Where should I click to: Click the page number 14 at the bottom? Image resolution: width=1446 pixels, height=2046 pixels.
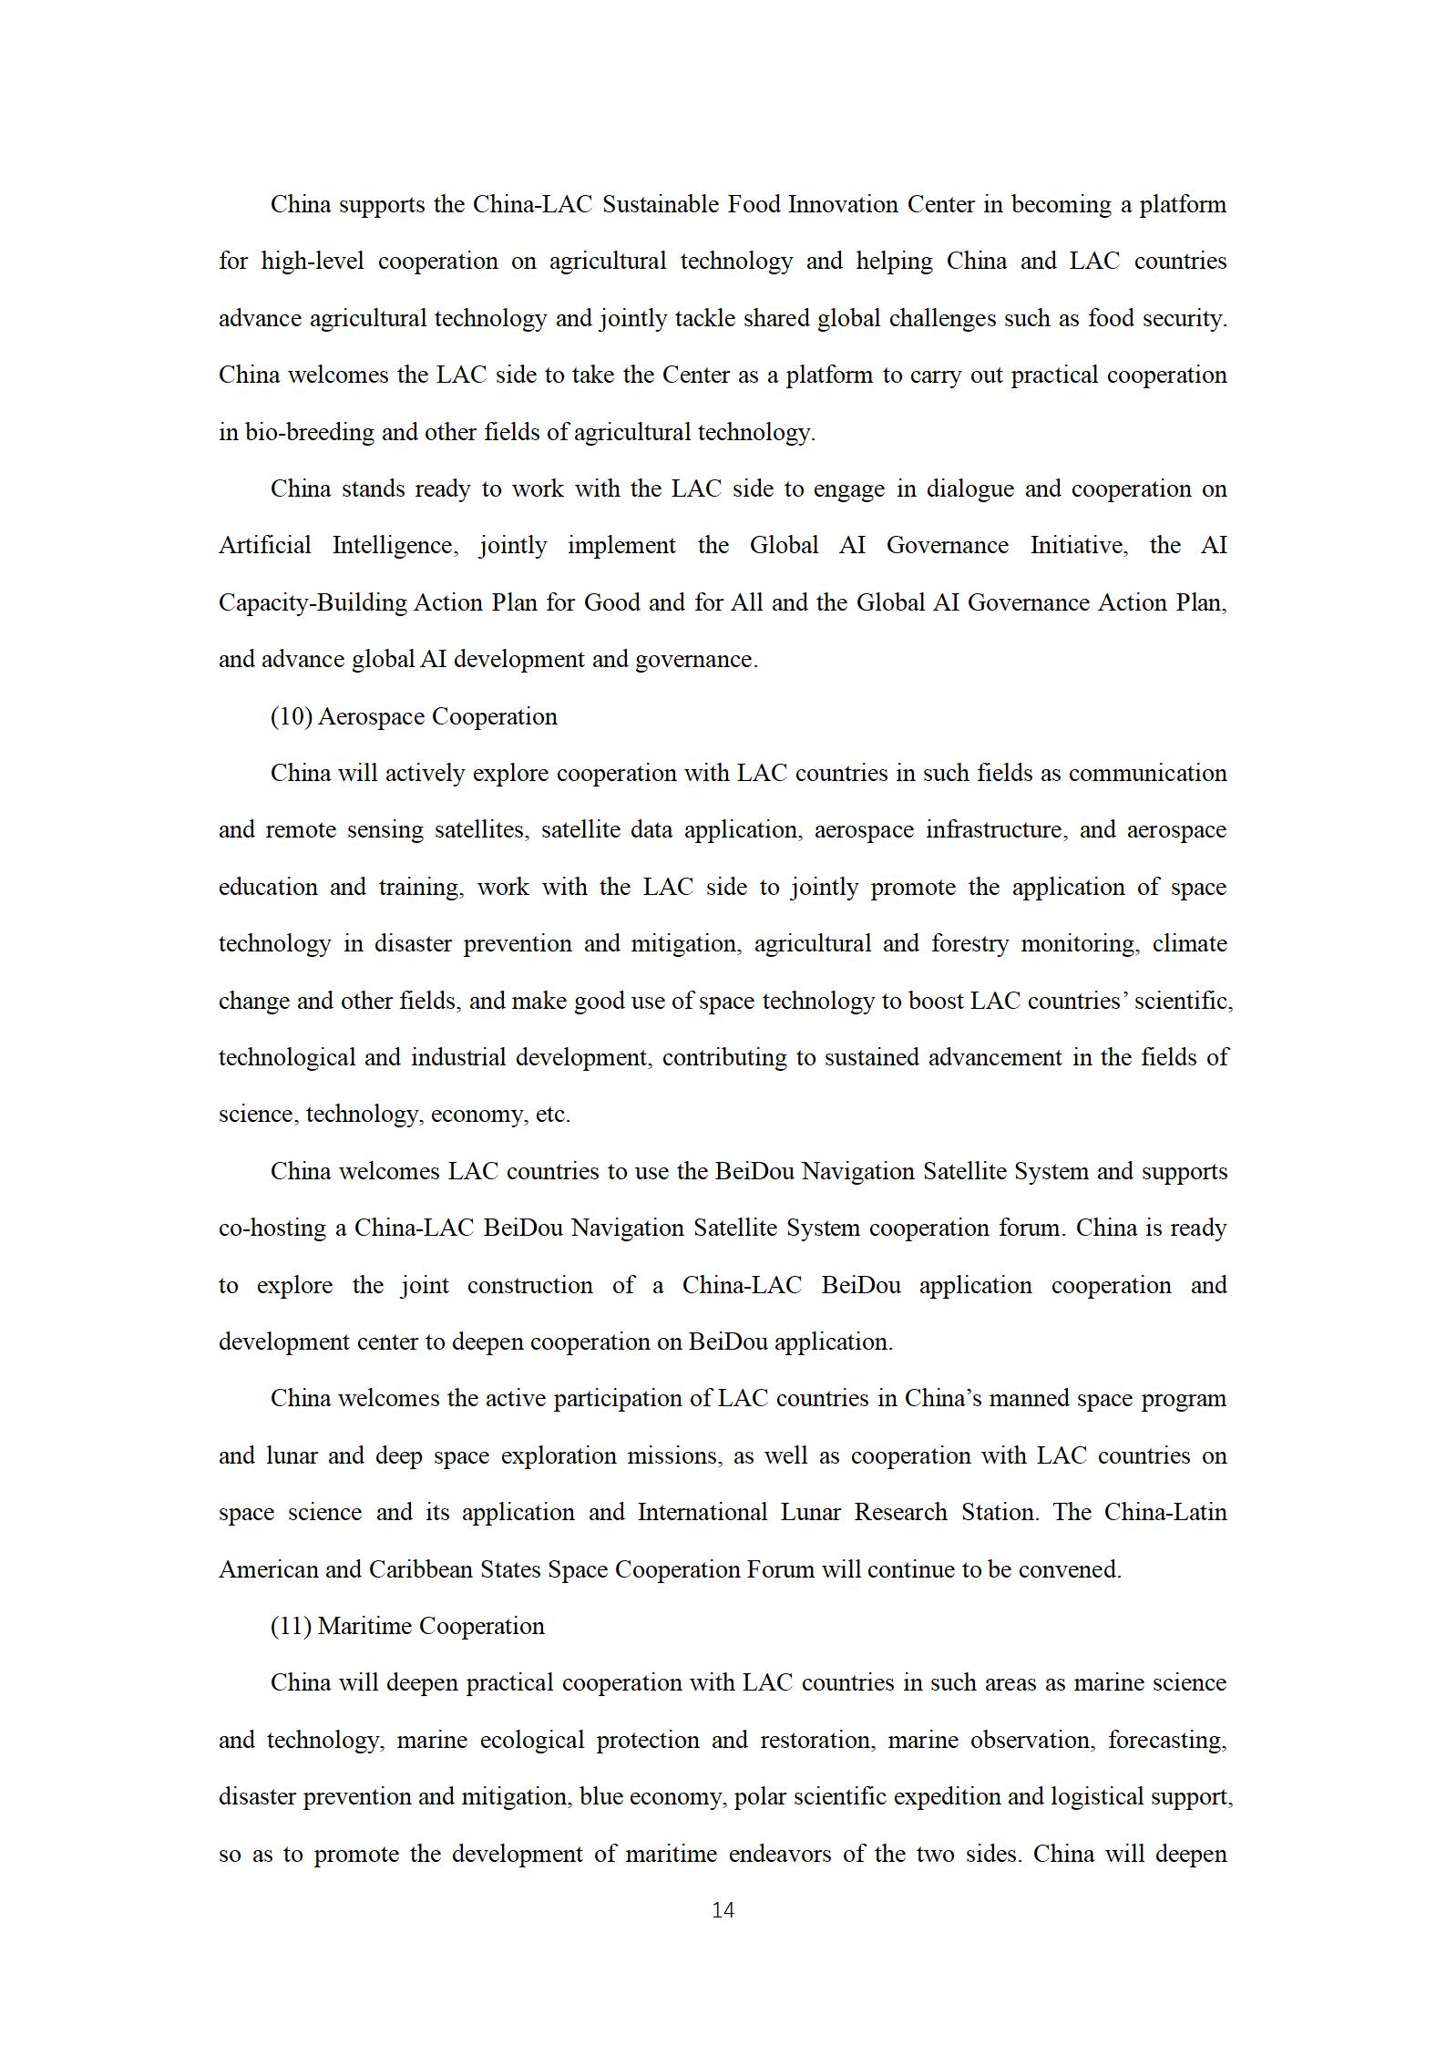[x=723, y=1909]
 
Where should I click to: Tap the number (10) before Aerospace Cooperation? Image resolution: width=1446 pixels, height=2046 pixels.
[x=292, y=716]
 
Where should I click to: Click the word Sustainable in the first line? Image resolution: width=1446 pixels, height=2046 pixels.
[x=661, y=204]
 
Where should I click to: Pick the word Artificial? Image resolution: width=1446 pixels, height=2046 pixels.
[x=264, y=545]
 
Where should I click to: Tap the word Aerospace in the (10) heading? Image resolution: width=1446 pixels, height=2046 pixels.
[x=372, y=716]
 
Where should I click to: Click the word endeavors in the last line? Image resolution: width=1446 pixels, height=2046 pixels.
[x=778, y=1854]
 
